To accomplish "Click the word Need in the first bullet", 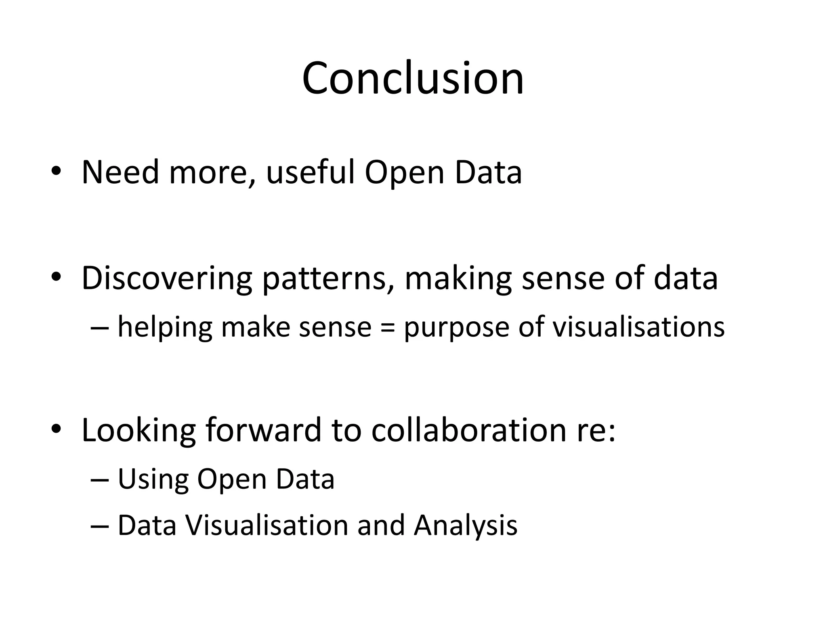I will [120, 172].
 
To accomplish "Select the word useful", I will [310, 172].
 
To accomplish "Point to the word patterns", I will [327, 279].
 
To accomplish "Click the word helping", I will [165, 327].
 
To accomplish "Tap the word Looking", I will [139, 431].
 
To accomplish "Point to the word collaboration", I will [468, 430].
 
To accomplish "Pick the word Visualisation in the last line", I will [267, 526].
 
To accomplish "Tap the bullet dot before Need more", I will [56, 172].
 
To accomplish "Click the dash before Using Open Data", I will [100, 480].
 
